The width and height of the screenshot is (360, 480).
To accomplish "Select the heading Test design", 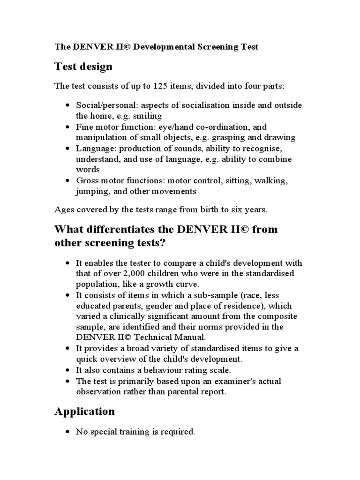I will (x=83, y=67).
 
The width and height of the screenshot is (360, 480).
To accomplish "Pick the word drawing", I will (x=280, y=137).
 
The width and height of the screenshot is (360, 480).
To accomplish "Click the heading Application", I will (x=84, y=411).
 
